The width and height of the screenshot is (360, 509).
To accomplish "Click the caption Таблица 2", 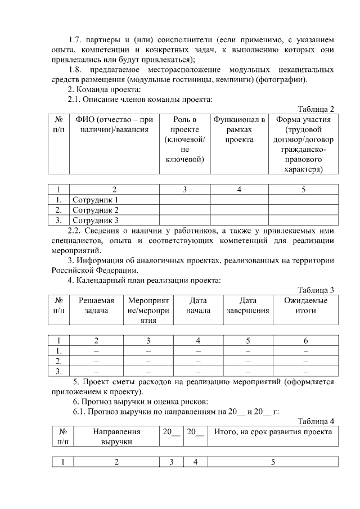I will (x=316, y=109).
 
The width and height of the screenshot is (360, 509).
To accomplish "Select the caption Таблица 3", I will (x=316, y=290).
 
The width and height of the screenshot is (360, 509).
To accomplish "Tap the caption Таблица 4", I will (x=316, y=421).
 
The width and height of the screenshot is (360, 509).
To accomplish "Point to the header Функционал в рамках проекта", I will (x=239, y=130).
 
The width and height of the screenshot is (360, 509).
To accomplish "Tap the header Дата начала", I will (x=198, y=305).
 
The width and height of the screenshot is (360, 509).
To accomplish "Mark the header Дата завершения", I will (x=248, y=305).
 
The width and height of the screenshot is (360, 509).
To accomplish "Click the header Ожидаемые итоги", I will (x=305, y=305).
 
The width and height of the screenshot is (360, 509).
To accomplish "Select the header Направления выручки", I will (x=116, y=436).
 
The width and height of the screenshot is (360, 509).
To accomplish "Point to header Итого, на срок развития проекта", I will (x=273, y=432).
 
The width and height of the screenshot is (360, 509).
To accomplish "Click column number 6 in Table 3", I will (x=305, y=340).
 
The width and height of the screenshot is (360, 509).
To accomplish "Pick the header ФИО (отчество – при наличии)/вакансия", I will (x=114, y=125).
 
